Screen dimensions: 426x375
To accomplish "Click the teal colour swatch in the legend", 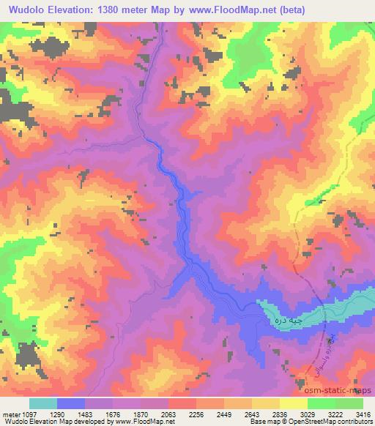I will point(42,403).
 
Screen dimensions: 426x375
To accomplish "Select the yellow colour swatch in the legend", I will point(293,403).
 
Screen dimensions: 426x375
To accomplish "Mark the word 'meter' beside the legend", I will point(11,414).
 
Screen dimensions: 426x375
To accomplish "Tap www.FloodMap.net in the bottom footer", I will point(134,422).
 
